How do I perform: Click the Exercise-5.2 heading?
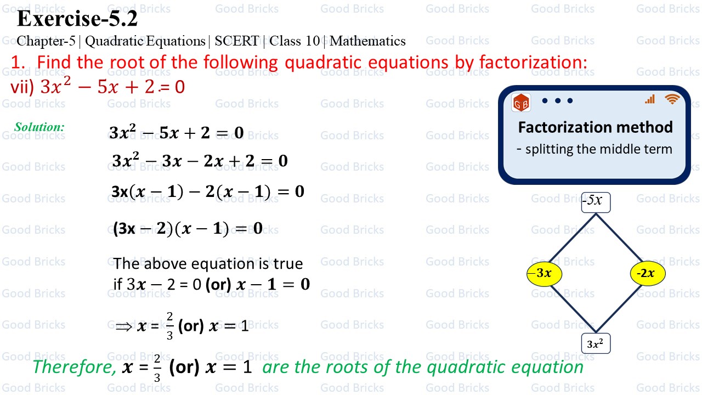click(77, 19)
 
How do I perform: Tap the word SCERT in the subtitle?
click(236, 41)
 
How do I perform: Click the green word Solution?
click(39, 127)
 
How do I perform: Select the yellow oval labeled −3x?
click(545, 273)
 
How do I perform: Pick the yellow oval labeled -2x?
click(648, 273)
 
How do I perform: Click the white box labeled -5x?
click(596, 201)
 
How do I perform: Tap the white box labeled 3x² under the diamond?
click(596, 344)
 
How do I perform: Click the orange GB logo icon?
click(520, 103)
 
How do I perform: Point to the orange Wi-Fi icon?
click(672, 99)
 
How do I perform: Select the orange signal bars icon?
click(650, 99)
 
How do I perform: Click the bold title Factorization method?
click(595, 127)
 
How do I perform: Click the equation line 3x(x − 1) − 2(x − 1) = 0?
click(207, 191)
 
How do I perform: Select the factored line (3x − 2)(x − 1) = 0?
click(188, 229)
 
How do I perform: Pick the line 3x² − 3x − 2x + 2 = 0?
click(200, 161)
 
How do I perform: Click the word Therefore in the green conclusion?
click(74, 366)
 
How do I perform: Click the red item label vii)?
click(22, 87)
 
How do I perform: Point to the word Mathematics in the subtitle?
click(367, 41)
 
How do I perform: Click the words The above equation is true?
click(208, 264)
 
